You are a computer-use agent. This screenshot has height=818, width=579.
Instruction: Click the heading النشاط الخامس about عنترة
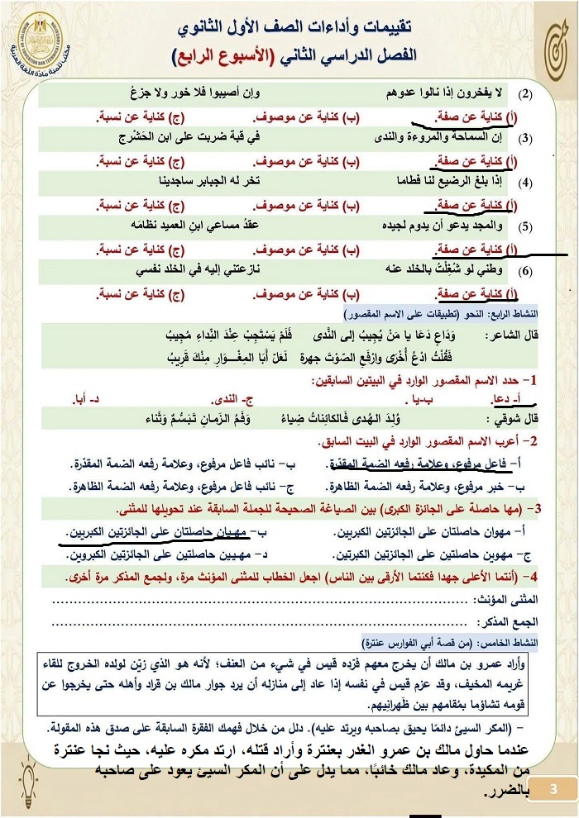[x=451, y=641]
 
